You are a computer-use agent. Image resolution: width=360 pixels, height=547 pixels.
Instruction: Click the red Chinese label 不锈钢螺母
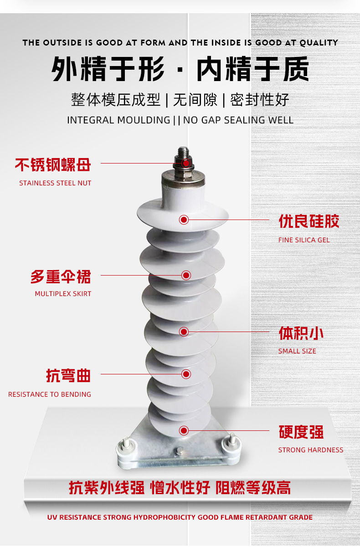[53, 165]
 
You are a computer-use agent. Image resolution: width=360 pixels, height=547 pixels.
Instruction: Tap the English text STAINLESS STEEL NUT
[55, 183]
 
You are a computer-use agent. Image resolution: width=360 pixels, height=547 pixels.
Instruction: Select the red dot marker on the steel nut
[186, 163]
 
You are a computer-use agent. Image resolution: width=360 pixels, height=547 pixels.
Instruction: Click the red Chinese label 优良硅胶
[309, 222]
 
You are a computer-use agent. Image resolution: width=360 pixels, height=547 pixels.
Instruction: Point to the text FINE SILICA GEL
[303, 240]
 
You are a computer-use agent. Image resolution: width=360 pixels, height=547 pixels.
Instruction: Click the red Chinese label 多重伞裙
[61, 277]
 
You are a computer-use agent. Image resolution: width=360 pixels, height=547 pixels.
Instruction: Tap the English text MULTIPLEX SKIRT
[63, 294]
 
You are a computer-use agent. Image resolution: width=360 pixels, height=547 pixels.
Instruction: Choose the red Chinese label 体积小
[301, 333]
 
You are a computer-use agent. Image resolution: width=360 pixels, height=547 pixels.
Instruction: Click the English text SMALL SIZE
[297, 351]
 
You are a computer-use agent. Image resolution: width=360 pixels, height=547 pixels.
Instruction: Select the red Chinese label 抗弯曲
[68, 376]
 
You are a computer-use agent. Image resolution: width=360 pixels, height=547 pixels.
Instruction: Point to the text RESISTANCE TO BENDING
[50, 394]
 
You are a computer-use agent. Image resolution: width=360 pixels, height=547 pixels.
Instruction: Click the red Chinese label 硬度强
[301, 432]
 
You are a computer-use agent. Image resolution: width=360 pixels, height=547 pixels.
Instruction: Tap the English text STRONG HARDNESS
[311, 450]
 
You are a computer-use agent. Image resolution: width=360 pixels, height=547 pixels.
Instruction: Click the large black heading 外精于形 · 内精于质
[180, 70]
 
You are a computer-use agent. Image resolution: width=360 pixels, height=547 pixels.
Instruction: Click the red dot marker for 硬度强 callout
[184, 430]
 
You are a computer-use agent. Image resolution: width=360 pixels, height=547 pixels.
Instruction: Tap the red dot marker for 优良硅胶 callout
[184, 220]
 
